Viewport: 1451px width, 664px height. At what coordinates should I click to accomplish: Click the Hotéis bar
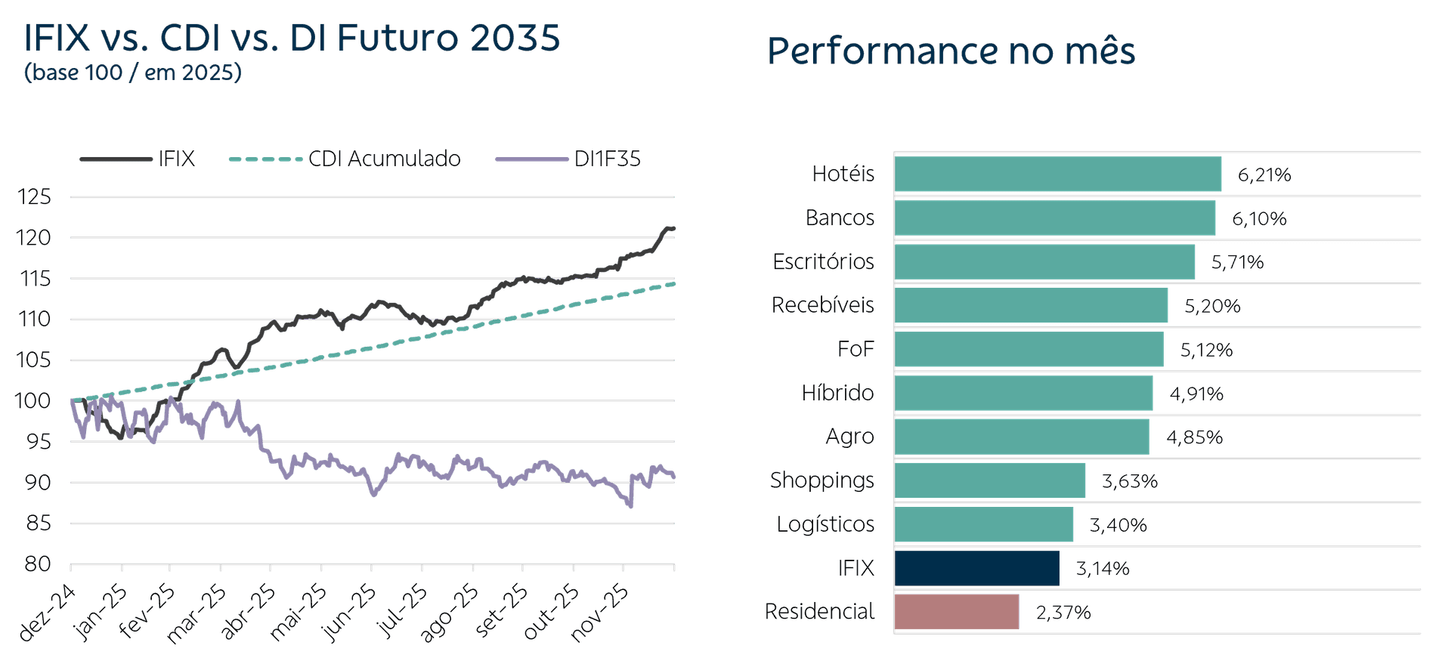click(1058, 174)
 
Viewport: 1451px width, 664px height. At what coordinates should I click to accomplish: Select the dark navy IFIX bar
click(977, 568)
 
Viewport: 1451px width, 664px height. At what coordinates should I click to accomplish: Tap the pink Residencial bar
click(957, 612)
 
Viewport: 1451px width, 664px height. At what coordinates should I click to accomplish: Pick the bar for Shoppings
click(990, 480)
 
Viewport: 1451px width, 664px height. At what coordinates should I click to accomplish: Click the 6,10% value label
click(1259, 218)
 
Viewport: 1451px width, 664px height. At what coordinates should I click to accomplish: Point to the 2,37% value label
click(1063, 612)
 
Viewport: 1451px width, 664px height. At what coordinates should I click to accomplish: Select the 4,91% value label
click(1196, 393)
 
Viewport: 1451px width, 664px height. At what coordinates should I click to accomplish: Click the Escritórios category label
click(823, 261)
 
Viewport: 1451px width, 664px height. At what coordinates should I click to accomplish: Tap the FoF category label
click(855, 349)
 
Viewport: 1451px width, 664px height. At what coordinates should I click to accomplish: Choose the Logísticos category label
click(825, 524)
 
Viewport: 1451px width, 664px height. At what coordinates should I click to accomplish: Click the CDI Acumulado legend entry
click(345, 159)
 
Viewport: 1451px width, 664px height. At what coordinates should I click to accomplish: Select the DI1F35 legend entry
click(568, 159)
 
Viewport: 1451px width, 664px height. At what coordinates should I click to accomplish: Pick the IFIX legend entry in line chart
click(137, 159)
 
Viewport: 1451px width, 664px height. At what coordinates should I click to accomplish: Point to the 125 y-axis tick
click(35, 197)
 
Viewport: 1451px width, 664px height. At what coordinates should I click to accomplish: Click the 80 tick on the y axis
click(38, 564)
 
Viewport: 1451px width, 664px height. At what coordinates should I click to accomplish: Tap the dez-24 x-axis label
click(47, 613)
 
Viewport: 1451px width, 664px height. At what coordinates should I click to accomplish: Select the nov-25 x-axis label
click(599, 613)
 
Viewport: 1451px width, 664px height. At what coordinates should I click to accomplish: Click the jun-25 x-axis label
click(348, 613)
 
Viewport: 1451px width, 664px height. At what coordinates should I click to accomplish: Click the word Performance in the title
click(883, 52)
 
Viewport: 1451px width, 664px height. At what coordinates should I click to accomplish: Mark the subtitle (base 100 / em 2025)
click(133, 73)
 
